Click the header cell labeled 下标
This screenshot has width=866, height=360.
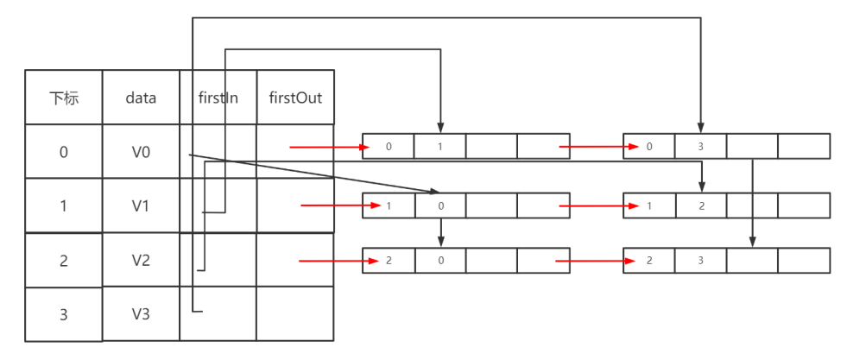pos(63,98)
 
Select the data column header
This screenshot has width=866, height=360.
pos(141,98)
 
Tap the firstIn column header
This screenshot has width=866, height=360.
pos(218,98)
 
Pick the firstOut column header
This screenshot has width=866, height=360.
pos(295,98)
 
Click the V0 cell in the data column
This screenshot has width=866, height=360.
pos(141,152)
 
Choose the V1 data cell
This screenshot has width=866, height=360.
pos(141,205)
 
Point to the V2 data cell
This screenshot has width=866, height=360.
pos(141,260)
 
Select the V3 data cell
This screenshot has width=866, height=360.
pos(141,314)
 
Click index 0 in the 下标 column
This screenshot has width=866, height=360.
pos(63,152)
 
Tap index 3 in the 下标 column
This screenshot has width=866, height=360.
pos(63,314)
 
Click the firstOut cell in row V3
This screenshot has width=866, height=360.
pos(295,314)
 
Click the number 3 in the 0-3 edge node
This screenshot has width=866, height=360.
pos(700,147)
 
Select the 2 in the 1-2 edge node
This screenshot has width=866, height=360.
pos(700,205)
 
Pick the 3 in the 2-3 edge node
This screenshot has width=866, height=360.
pos(700,261)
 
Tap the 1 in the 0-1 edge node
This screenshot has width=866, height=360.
pos(439,147)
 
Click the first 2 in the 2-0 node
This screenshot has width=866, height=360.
pos(389,261)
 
